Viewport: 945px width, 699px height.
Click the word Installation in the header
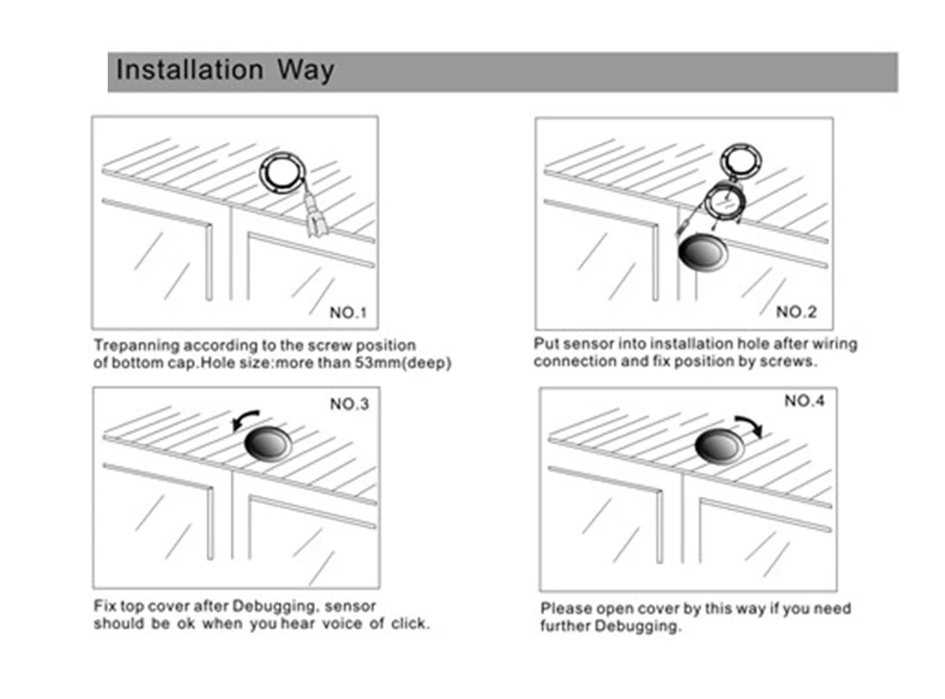pos(189,69)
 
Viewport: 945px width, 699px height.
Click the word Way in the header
pos(305,71)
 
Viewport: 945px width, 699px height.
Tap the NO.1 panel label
pos(348,313)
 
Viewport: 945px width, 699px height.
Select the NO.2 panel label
pos(796,312)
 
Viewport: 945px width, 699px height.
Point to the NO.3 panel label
pos(349,403)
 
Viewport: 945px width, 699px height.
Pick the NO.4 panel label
pos(804,401)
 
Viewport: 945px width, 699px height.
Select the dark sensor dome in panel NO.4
pos(718,447)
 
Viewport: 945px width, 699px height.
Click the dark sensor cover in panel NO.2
pos(702,252)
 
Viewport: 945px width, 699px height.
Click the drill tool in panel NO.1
pos(316,215)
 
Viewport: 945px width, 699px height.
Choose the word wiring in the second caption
pos(834,344)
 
